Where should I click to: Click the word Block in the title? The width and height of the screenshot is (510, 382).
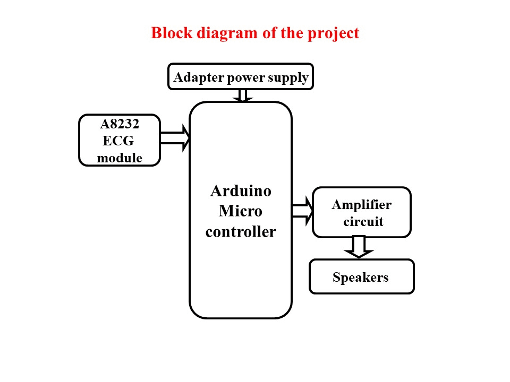click(172, 33)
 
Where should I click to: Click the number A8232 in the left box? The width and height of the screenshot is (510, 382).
click(120, 124)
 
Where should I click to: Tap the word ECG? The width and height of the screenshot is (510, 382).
click(118, 141)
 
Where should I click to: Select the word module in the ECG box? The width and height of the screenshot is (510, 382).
click(120, 158)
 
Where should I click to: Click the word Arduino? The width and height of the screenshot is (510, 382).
click(241, 190)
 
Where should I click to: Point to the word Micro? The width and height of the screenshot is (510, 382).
click(241, 211)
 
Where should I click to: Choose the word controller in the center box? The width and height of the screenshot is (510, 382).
click(241, 232)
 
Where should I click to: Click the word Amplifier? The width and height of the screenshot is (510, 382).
click(362, 205)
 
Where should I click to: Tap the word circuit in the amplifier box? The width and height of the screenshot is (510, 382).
click(363, 222)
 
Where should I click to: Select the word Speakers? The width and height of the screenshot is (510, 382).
click(361, 277)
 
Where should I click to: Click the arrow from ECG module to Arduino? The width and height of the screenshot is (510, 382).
click(175, 138)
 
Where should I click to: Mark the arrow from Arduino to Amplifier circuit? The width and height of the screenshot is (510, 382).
click(303, 211)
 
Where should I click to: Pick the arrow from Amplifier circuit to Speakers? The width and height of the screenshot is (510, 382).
click(359, 247)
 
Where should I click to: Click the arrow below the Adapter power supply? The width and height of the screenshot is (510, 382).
click(243, 96)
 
